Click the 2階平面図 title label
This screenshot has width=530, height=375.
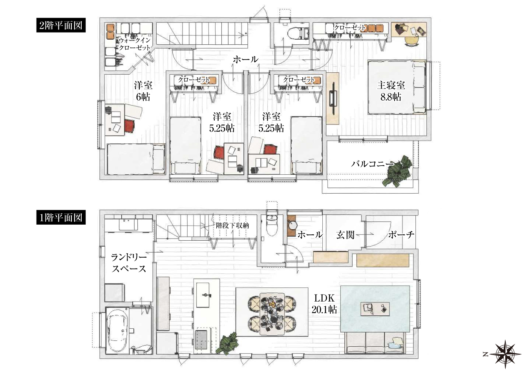pos(61,25)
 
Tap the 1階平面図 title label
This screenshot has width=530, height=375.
pos(61,218)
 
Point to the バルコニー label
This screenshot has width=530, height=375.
pos(372,164)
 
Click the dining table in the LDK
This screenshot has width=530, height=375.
pos(272,313)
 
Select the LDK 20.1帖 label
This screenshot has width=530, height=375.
pos(324,304)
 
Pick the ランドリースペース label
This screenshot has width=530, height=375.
pos(129,263)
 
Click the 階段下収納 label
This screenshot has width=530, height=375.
pos(232,225)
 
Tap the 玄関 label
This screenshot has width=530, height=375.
pos(345,235)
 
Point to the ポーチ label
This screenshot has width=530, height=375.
pos(401,234)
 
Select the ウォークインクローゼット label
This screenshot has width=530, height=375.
pos(135,44)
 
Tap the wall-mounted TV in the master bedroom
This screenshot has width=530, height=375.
pos(334,99)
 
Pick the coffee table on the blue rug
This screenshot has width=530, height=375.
pos(375,309)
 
